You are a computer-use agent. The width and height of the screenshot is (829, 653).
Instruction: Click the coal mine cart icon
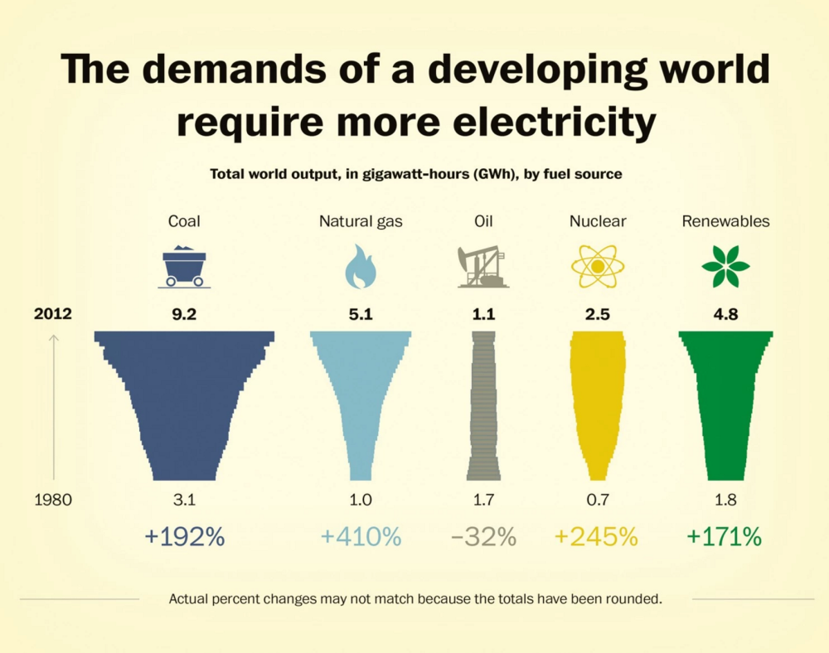(184, 267)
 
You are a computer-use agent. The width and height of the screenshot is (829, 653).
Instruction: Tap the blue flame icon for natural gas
(361, 267)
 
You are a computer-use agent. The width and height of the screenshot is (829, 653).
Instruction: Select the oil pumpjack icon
(482, 267)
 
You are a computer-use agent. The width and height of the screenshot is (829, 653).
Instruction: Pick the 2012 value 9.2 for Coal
(184, 315)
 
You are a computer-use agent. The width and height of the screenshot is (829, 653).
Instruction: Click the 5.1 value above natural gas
(361, 315)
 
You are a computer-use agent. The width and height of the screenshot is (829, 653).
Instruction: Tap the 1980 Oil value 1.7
(484, 501)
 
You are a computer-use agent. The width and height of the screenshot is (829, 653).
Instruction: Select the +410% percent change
(361, 537)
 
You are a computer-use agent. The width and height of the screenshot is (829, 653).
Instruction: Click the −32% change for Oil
(484, 537)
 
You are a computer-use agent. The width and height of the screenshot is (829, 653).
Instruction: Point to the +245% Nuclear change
(596, 537)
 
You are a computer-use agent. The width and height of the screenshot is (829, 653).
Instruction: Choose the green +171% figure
(724, 537)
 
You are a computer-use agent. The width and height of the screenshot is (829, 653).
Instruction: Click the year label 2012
(53, 315)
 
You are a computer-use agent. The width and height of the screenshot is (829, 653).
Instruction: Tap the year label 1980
(53, 501)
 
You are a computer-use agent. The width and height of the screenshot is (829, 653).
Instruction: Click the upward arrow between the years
(54, 406)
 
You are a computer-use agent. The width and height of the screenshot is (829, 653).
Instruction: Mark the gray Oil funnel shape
(483, 406)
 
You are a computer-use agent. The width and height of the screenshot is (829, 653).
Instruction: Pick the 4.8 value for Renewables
(725, 315)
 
